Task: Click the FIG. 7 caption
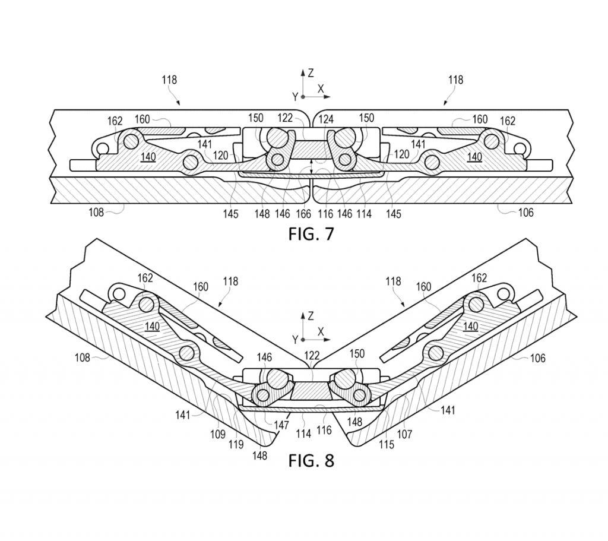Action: (311, 234)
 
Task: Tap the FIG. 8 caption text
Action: (311, 460)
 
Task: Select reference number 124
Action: (326, 119)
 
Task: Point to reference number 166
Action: (303, 214)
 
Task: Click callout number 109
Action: (218, 434)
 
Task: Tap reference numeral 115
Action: (386, 444)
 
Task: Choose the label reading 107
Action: (404, 434)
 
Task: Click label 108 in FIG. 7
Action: (96, 211)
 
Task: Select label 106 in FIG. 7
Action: (525, 212)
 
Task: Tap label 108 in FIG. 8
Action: (83, 357)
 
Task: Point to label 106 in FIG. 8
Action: (536, 358)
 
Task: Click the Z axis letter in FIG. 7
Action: (311, 73)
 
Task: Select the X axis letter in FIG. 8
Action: (321, 331)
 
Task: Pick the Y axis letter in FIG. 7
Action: (294, 96)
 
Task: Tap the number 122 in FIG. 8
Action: (312, 356)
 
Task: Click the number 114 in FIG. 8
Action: (303, 434)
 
